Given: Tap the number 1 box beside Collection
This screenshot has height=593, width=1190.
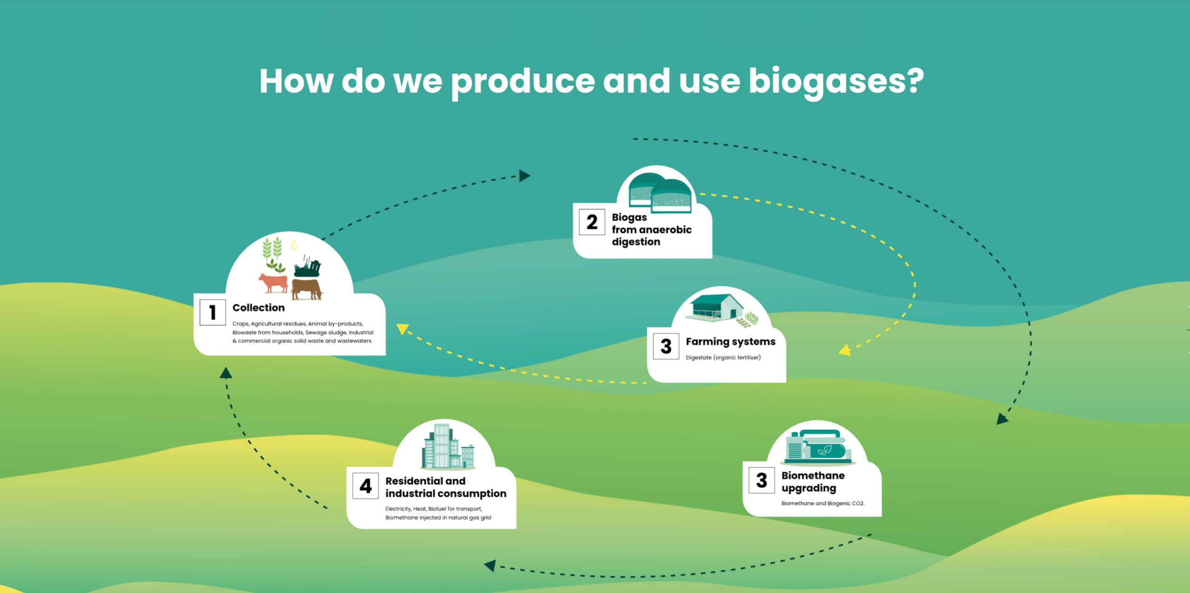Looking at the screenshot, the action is (x=212, y=312).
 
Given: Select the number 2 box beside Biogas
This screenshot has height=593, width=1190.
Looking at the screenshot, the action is (x=592, y=222).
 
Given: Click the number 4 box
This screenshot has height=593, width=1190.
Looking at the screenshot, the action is (x=365, y=486).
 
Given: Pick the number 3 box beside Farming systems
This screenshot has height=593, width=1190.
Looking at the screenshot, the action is (x=666, y=346).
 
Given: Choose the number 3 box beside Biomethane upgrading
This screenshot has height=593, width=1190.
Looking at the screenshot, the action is (x=762, y=480).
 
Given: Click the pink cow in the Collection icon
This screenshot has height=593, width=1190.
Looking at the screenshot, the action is (x=273, y=283).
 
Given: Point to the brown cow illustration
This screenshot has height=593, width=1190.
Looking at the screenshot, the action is (x=307, y=289).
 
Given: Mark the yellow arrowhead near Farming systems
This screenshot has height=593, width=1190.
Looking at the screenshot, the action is (x=845, y=350).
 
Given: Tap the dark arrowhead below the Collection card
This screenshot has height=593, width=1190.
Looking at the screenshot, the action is (x=226, y=373).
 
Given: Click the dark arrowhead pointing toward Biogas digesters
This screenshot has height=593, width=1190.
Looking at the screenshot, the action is (x=525, y=175).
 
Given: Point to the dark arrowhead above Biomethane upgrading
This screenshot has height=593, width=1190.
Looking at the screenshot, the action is (x=1002, y=419).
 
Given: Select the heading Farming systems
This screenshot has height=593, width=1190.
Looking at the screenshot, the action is (x=731, y=342).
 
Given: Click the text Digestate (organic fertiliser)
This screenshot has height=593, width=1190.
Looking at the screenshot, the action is (x=723, y=358).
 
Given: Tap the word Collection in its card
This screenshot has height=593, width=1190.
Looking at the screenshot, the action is (x=258, y=308).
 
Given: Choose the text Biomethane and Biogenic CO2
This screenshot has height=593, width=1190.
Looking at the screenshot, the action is (x=823, y=503).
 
